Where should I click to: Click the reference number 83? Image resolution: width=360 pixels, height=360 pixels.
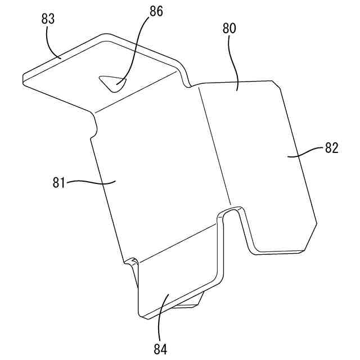pyautogui.click(x=48, y=19)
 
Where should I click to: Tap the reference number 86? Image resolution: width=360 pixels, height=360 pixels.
pyautogui.click(x=156, y=11)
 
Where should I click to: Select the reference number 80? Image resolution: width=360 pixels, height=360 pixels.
pyautogui.click(x=229, y=28)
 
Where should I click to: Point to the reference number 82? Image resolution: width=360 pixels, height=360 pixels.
pyautogui.click(x=331, y=148)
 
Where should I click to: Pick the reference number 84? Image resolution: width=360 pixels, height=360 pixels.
pyautogui.click(x=160, y=348)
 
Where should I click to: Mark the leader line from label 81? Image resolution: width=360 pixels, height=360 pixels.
pyautogui.click(x=90, y=182)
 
